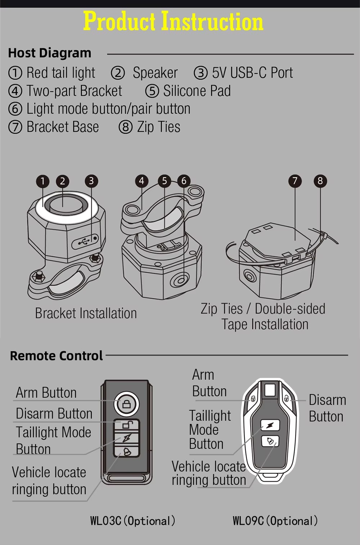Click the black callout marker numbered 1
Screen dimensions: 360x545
[42, 181]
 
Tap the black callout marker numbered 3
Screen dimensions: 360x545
[91, 181]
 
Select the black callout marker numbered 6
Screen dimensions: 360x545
[184, 181]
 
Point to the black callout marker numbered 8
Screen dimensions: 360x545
[320, 181]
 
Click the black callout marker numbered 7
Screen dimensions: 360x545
[295, 181]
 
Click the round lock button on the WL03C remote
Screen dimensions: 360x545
[126, 404]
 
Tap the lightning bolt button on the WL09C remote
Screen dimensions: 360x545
[270, 425]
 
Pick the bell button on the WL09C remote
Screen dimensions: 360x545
[270, 441]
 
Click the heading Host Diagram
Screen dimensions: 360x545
[50, 53]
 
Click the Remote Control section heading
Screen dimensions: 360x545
[57, 356]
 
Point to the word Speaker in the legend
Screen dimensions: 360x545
[155, 72]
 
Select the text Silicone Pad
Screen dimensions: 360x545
[197, 91]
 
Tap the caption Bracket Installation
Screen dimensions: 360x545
[86, 313]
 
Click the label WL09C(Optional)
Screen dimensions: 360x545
[275, 521]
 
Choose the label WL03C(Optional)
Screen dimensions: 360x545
[133, 521]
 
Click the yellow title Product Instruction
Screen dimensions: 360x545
[173, 21]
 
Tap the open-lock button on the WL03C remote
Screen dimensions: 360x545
[126, 425]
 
